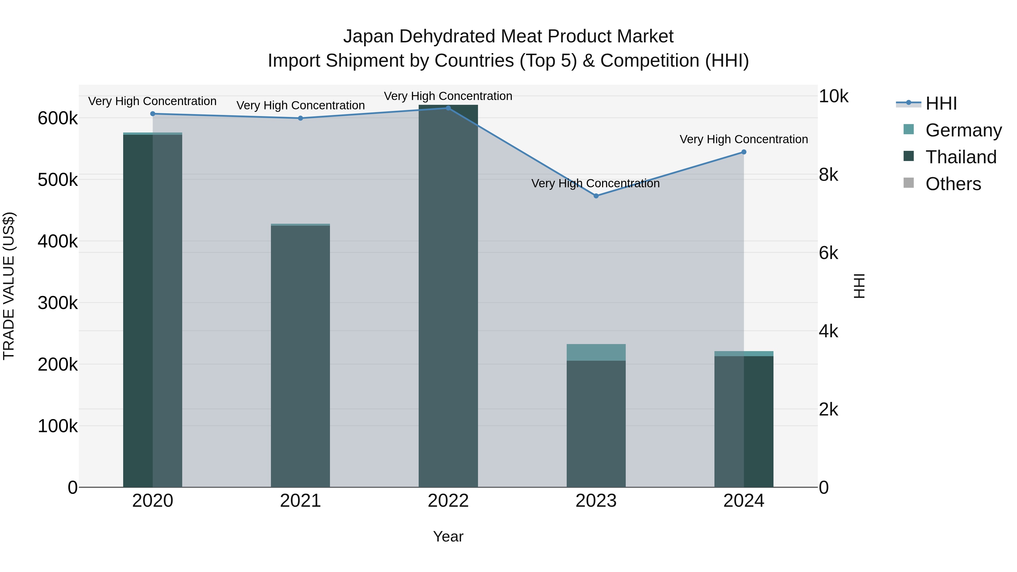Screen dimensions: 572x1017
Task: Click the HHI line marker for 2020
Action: pyautogui.click(x=153, y=114)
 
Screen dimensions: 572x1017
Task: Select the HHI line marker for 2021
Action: pyautogui.click(x=301, y=118)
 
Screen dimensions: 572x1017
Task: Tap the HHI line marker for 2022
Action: pyautogui.click(x=448, y=108)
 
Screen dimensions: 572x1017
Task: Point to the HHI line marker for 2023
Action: pyautogui.click(x=596, y=196)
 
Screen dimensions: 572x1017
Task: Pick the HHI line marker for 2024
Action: pyautogui.click(x=744, y=152)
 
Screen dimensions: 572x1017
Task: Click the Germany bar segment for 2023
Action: pyautogui.click(x=596, y=353)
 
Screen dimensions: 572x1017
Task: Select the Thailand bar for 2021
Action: pyautogui.click(x=301, y=355)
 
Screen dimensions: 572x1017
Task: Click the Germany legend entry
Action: pyautogui.click(x=963, y=130)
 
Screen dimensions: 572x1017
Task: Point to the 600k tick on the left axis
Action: pyautogui.click(x=58, y=118)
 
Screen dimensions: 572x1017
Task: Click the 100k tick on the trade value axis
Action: pyautogui.click(x=58, y=426)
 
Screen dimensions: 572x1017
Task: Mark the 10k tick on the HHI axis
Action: pyautogui.click(x=833, y=96)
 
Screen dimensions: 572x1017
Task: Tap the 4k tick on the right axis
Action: pyautogui.click(x=828, y=331)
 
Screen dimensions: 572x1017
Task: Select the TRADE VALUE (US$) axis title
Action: pyautogui.click(x=9, y=286)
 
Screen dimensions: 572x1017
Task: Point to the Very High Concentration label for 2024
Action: pyautogui.click(x=744, y=139)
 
